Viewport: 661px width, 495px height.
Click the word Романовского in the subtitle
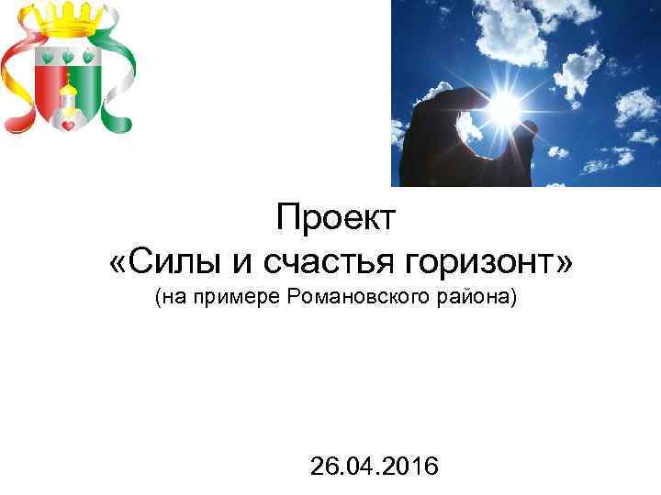click(349, 298)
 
